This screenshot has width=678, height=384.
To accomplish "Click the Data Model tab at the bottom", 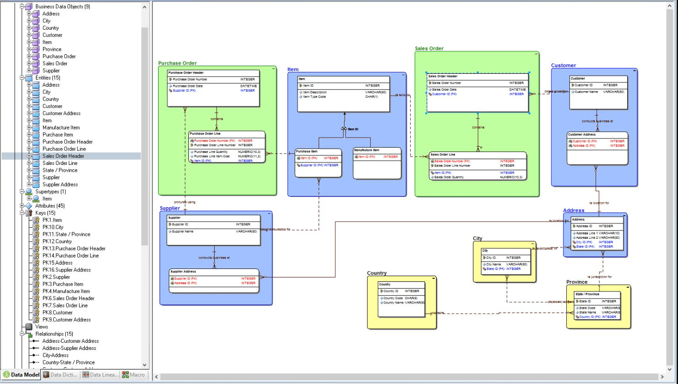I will click(x=22, y=375).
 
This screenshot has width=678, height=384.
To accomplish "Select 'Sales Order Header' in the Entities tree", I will click(x=63, y=156).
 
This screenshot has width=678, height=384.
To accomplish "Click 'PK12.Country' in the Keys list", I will click(x=57, y=242).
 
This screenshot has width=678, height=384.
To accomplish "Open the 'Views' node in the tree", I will click(x=42, y=327).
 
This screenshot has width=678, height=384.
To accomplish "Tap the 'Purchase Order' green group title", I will click(x=177, y=63).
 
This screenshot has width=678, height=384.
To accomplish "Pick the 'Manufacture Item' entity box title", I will click(x=366, y=151).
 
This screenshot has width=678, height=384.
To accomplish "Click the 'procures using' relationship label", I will click(x=184, y=202).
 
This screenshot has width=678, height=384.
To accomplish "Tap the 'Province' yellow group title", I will click(x=577, y=282).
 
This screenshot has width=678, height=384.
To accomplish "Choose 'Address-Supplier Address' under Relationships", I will click(x=69, y=348).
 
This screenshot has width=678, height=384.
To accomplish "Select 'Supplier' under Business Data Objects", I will click(x=51, y=70).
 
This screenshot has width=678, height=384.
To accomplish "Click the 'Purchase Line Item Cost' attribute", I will click(x=212, y=156).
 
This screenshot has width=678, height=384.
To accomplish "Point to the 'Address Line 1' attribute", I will click(x=586, y=233).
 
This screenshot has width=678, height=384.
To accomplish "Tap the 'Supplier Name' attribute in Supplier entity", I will click(x=183, y=232).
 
